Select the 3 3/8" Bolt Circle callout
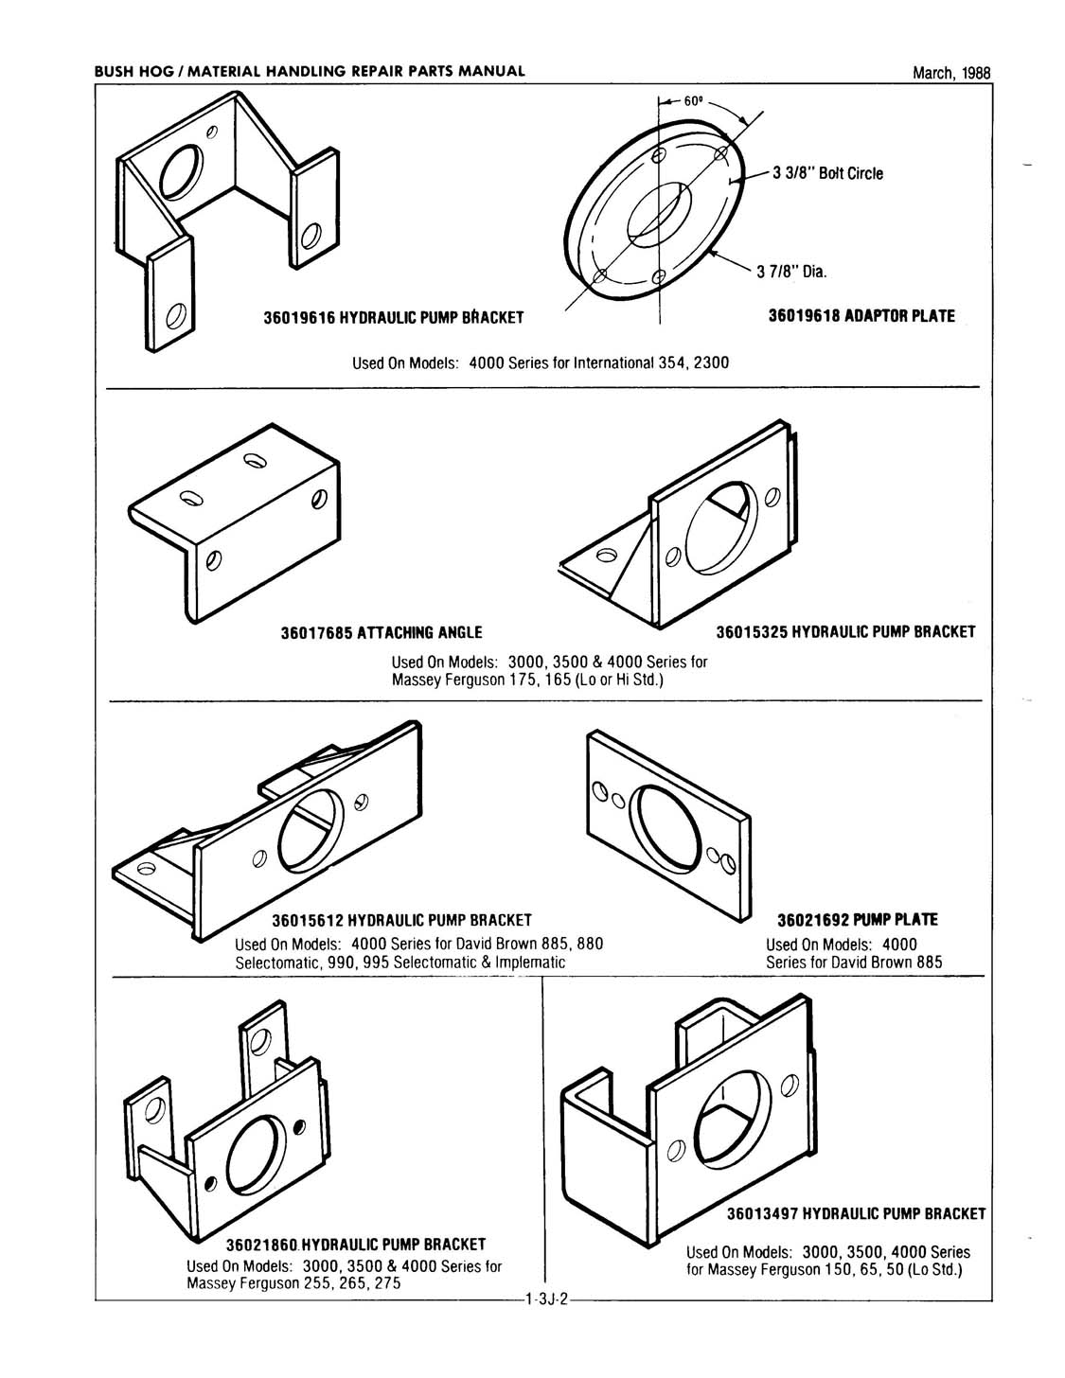[x=827, y=173]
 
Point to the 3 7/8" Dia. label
[x=791, y=273]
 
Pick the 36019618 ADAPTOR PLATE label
[x=866, y=316]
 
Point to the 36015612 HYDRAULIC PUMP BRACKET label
[x=402, y=920]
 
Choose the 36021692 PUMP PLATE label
[x=857, y=920]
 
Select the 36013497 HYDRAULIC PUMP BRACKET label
[x=856, y=1213]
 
